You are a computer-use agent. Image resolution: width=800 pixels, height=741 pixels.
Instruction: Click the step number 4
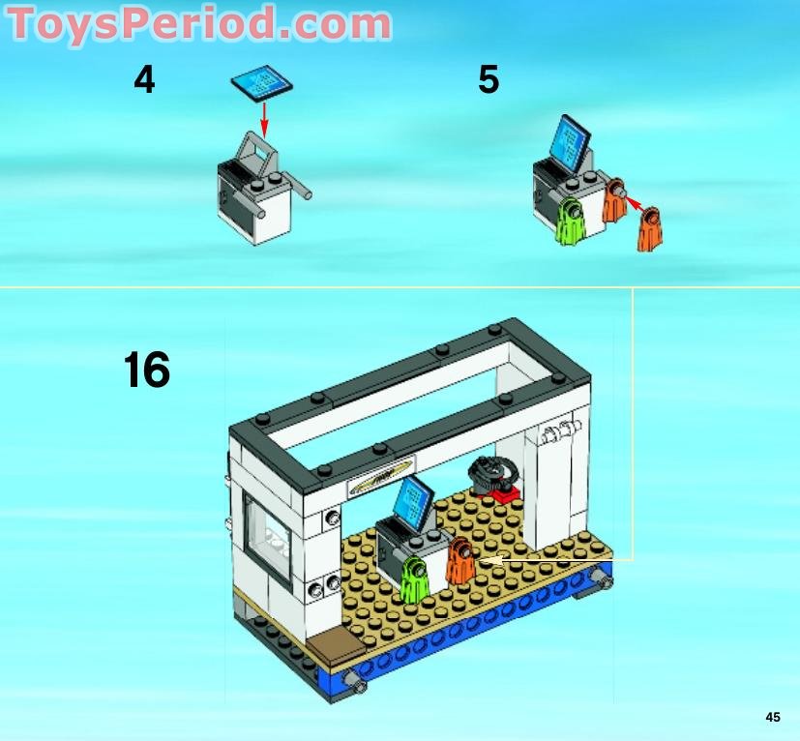pyautogui.click(x=144, y=80)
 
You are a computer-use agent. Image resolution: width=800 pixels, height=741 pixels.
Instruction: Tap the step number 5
pyautogui.click(x=489, y=80)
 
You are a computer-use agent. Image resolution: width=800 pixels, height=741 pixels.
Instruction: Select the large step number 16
pyautogui.click(x=147, y=370)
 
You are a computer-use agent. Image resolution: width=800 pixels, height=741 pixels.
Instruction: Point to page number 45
pyautogui.click(x=772, y=717)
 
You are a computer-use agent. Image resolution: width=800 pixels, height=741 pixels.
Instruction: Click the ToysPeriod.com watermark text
pyautogui.click(x=199, y=23)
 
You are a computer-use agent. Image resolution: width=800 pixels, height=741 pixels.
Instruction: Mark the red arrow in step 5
pyautogui.click(x=631, y=200)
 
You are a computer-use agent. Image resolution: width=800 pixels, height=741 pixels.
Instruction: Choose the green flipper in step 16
pyautogui.click(x=416, y=580)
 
